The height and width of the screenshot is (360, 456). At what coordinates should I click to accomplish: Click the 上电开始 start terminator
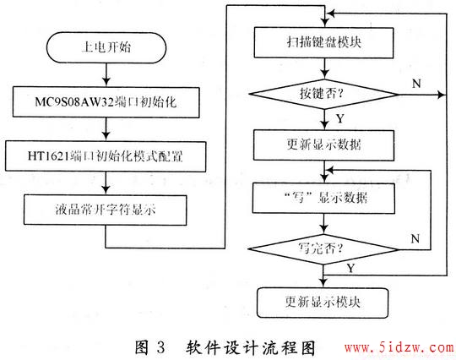click(x=106, y=47)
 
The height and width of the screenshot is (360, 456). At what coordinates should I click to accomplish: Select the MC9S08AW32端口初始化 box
click(x=106, y=102)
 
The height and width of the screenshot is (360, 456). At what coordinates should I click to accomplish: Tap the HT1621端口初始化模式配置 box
click(x=106, y=156)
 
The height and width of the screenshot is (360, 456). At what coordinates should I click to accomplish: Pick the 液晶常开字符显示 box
click(x=105, y=210)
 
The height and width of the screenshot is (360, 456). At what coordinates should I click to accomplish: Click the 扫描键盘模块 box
click(x=324, y=42)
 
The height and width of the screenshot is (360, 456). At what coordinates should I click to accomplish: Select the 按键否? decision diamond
click(x=324, y=95)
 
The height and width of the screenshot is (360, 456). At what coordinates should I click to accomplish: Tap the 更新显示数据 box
click(x=324, y=145)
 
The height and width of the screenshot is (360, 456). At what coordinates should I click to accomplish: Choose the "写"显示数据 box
click(x=323, y=198)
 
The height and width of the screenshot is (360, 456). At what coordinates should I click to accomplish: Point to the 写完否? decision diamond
click(x=323, y=249)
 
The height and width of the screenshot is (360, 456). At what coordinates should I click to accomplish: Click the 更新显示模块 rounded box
click(x=323, y=303)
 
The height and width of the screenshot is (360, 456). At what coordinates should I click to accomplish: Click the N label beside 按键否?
click(x=416, y=84)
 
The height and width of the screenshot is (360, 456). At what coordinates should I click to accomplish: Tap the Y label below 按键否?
click(x=340, y=118)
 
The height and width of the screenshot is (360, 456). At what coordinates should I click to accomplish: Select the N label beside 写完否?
click(x=415, y=239)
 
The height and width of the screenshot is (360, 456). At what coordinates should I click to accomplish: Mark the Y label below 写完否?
click(x=350, y=268)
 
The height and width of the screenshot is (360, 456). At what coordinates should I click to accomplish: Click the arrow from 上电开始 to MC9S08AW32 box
click(x=106, y=74)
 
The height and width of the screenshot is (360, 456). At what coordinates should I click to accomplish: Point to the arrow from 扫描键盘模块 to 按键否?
click(x=324, y=68)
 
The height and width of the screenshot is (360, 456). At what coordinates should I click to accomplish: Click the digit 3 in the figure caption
click(x=160, y=347)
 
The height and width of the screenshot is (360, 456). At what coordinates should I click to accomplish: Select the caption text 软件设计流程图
click(x=251, y=347)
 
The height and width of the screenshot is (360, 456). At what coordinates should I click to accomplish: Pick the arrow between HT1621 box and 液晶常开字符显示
click(x=106, y=183)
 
